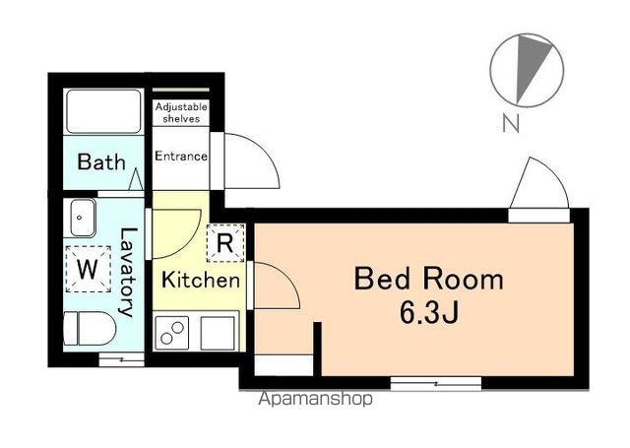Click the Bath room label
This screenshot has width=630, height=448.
click(x=101, y=161)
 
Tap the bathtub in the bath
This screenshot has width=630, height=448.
click(x=103, y=111)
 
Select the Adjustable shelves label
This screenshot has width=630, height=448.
click(x=181, y=112)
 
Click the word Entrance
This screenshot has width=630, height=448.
click(x=181, y=156)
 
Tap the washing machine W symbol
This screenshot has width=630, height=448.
click(x=88, y=269)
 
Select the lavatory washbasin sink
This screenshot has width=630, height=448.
click(x=83, y=218)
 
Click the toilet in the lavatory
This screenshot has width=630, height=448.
click(x=90, y=328)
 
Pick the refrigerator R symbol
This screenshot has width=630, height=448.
click(x=225, y=243)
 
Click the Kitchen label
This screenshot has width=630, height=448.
click(x=201, y=280)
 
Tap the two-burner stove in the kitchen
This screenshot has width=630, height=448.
click(x=172, y=334)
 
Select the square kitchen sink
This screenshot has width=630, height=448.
click(x=218, y=333)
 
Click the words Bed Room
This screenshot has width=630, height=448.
click(x=429, y=280)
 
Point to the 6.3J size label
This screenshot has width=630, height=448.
click(x=429, y=312)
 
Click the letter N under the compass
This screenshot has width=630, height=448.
click(x=511, y=123)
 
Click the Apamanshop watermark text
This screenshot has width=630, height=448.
click(x=315, y=399)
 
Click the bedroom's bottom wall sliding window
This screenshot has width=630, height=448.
click(x=436, y=384)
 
